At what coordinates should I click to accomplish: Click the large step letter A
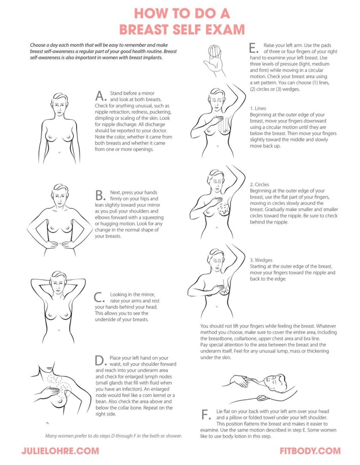point(100,95)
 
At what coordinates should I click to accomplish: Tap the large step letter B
point(100,197)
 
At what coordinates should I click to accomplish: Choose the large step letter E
point(253,48)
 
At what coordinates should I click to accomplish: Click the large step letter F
point(206,415)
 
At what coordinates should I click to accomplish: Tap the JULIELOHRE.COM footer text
point(60,451)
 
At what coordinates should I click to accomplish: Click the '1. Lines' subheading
point(258,109)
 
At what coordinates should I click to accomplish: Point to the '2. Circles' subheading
point(260,185)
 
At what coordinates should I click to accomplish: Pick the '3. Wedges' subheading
point(261,260)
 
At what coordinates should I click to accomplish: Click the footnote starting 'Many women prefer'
point(114,436)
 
